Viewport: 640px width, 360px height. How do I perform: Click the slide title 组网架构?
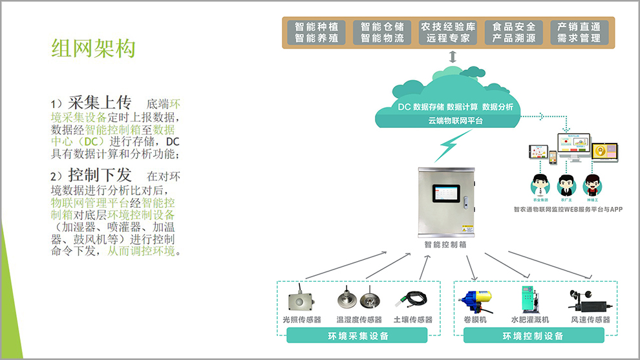[93, 47]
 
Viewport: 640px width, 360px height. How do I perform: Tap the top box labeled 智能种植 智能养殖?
[317, 32]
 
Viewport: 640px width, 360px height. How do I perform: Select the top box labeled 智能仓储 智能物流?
[382, 32]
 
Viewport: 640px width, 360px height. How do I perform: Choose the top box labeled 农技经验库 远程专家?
[448, 32]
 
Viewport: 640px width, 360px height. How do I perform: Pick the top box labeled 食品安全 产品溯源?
[514, 32]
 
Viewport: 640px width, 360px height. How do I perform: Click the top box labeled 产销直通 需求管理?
[579, 32]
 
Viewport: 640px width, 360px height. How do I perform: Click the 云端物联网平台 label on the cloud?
[455, 120]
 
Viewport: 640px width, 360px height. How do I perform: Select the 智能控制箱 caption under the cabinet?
[445, 245]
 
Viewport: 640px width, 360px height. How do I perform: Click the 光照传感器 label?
[302, 319]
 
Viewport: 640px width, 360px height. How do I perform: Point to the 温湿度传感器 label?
[359, 319]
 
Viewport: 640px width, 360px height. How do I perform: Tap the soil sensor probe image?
[412, 300]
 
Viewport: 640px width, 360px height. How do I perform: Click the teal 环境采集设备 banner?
[357, 335]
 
